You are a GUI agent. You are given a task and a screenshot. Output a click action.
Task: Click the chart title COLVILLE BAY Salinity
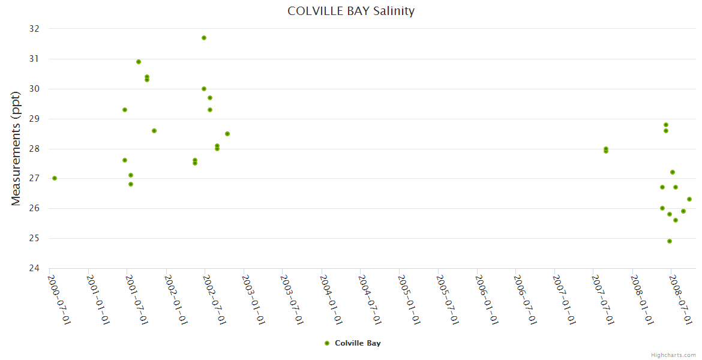coord(351,11)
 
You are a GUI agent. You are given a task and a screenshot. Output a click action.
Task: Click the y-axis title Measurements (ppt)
coord(16,148)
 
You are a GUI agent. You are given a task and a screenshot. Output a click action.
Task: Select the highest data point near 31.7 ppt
coord(204,38)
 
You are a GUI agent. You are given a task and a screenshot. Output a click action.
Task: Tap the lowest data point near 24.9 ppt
coord(670,241)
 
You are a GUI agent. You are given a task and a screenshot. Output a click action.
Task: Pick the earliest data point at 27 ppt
coord(55,178)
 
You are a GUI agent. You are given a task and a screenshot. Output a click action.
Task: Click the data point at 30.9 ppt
coord(139,62)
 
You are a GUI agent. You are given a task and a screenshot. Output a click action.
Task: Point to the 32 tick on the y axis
coord(34,29)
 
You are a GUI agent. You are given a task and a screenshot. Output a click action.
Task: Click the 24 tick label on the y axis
coord(34,268)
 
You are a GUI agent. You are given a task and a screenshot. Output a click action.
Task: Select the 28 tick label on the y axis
coord(34,149)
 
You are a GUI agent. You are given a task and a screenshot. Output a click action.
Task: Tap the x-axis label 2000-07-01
coord(59,299)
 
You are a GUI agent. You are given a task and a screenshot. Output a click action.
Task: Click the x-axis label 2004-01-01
coord(332,299)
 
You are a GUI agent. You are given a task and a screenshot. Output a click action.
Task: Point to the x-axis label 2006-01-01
coord(487,299)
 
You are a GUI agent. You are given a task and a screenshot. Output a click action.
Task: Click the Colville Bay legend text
coord(358,343)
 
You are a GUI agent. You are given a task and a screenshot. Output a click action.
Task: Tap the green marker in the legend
coord(327,343)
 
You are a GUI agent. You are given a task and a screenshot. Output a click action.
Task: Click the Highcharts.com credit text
coord(673,355)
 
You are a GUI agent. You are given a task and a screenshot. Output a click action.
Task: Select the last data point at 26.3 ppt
coord(689,199)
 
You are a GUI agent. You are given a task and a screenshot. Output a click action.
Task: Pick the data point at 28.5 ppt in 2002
coord(227,134)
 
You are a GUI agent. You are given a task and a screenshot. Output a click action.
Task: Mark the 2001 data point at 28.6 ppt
coord(154,131)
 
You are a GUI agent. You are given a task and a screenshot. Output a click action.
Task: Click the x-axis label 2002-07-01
coord(215,299)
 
